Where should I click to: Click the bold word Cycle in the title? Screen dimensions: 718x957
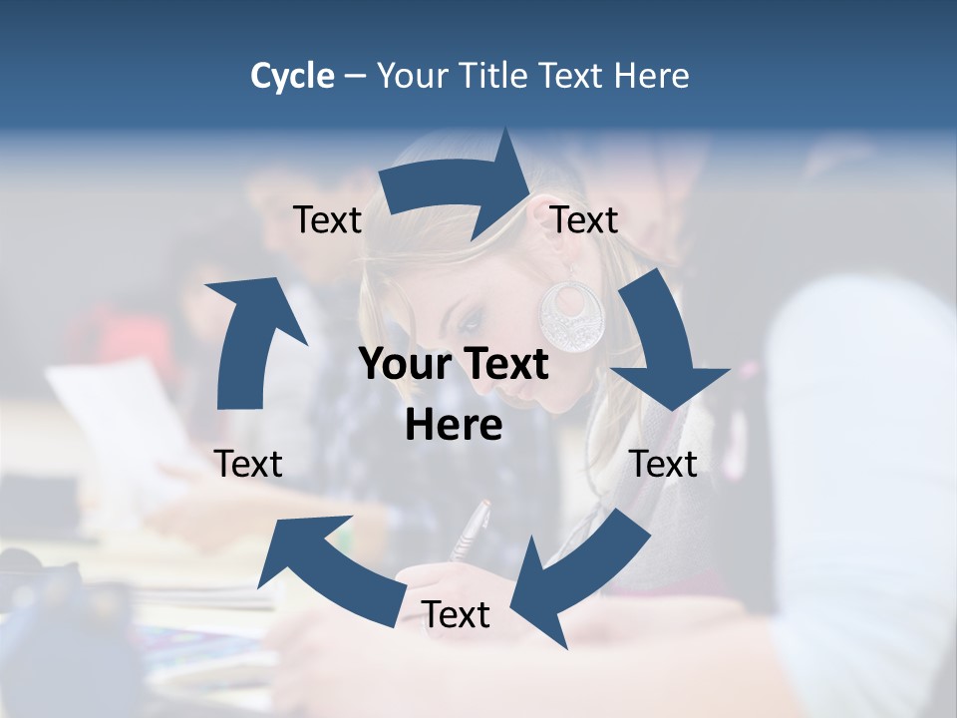(292, 76)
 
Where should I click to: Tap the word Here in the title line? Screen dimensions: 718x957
(654, 76)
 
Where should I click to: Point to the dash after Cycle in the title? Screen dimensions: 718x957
(356, 77)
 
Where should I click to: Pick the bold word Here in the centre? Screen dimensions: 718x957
(454, 426)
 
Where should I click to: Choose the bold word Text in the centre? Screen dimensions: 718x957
(503, 364)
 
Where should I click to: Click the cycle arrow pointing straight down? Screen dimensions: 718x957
(663, 344)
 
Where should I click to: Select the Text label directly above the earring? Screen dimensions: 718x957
(584, 219)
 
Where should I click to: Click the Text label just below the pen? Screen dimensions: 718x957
(456, 614)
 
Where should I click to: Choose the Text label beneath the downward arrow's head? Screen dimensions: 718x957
(663, 464)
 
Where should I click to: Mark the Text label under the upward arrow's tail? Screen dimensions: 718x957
(248, 464)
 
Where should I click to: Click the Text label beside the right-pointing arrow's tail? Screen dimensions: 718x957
(327, 219)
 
